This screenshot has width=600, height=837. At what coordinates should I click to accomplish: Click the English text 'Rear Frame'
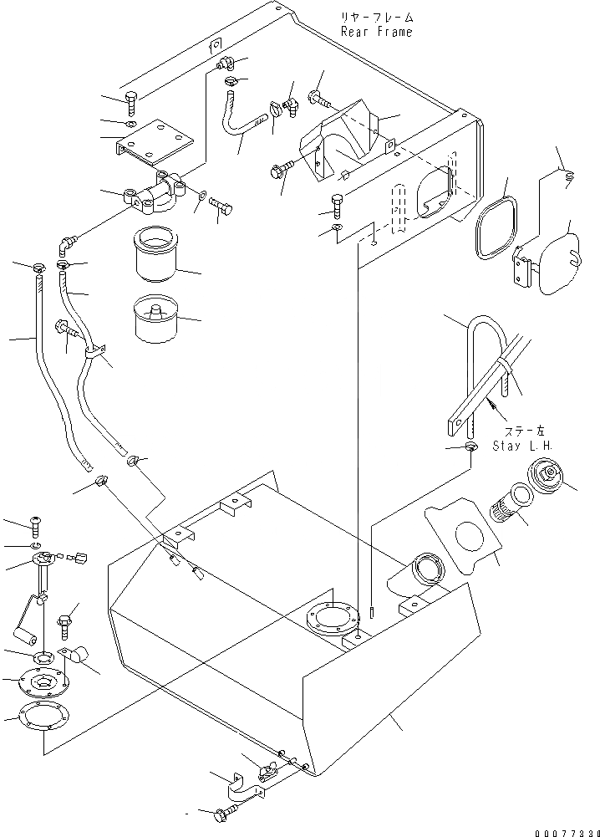click(x=376, y=31)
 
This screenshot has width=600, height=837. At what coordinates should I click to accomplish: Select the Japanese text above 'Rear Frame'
click(x=376, y=17)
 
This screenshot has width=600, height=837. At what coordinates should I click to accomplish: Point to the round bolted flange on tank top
click(x=331, y=619)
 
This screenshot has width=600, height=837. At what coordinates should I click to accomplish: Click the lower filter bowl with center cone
click(x=155, y=319)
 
